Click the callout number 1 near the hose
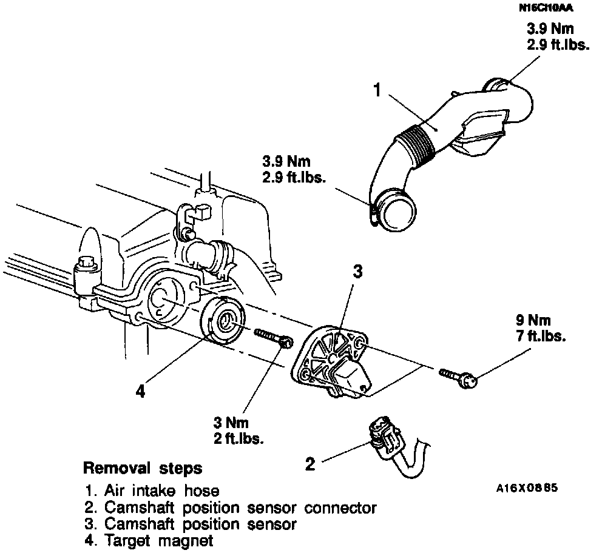point(377,91)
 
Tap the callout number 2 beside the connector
point(311,465)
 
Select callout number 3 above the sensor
point(357,272)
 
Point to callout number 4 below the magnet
point(141,392)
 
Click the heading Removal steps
point(143,469)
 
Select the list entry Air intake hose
point(152,490)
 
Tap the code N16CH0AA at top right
point(546,8)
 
